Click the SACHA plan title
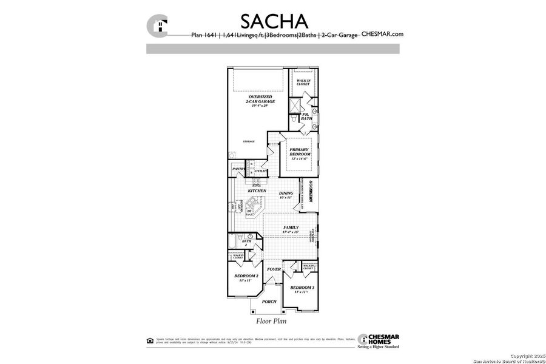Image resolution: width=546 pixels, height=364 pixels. coord(274,21)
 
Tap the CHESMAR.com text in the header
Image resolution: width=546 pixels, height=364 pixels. coord(382,35)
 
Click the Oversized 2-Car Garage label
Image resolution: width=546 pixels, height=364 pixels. coord(260,101)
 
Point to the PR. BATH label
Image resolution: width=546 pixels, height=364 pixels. coord(306,116)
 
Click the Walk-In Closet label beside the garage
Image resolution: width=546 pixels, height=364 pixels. coord(302,82)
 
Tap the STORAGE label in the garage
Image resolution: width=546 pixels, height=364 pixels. coord(249,141)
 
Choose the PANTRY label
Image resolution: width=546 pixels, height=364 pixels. coord(238,169)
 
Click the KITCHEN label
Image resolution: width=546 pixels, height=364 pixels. coord(257,190)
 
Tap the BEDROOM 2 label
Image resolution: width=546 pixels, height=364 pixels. coord(246,277)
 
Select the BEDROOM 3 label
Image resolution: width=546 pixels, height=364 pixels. coord(302,289)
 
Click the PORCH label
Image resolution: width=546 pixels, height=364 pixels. coord(269,302)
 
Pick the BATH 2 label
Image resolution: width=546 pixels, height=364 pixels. coord(246,243)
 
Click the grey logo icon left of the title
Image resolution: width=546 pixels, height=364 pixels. coord(158,25)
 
